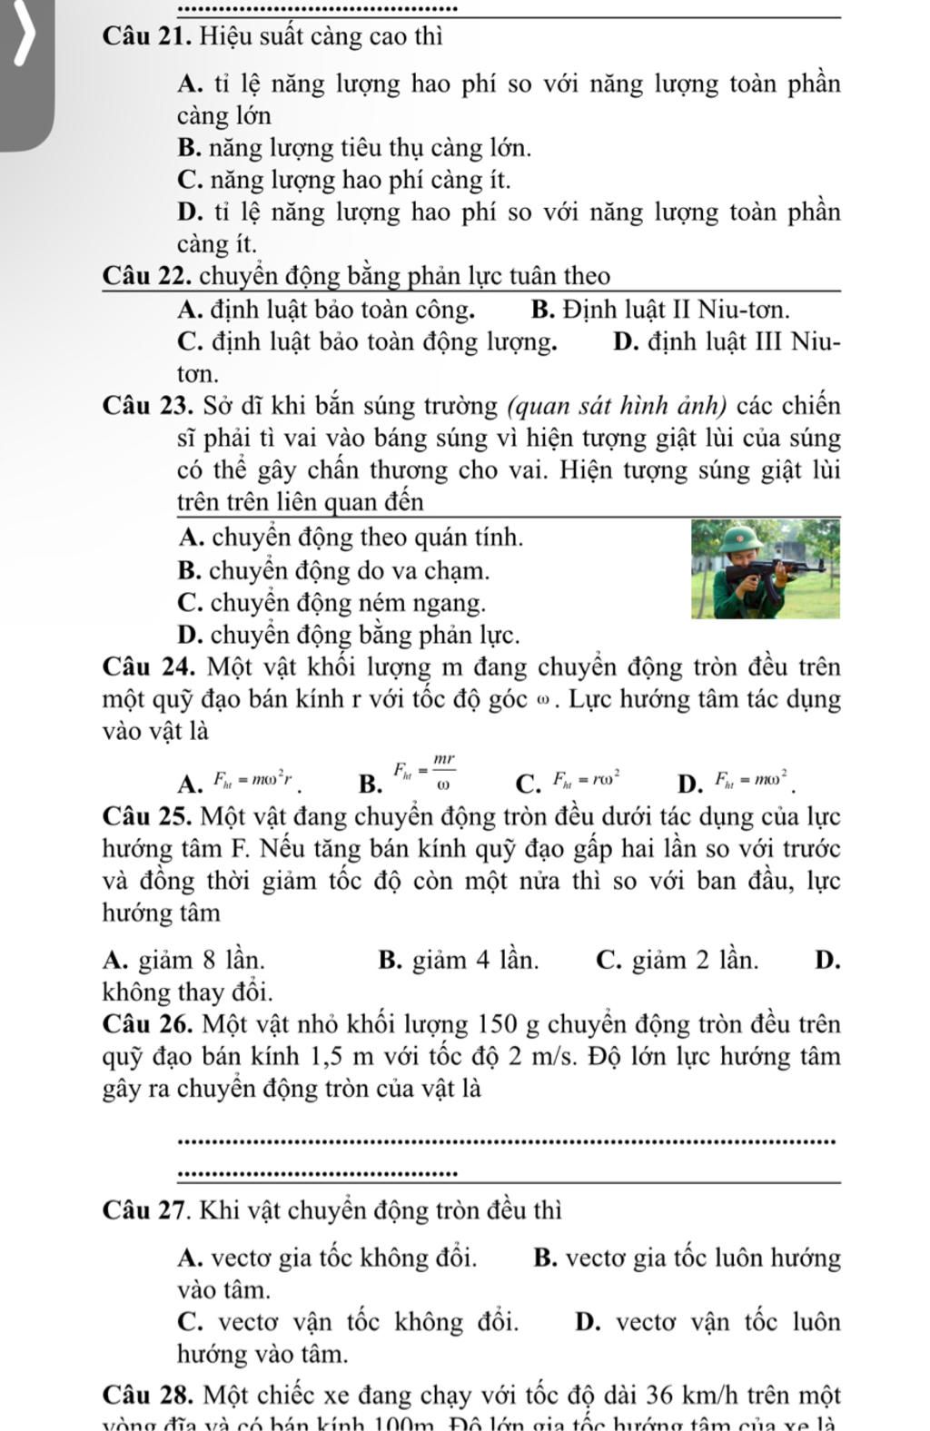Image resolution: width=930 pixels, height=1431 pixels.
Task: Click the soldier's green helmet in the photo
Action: coord(732,542)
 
